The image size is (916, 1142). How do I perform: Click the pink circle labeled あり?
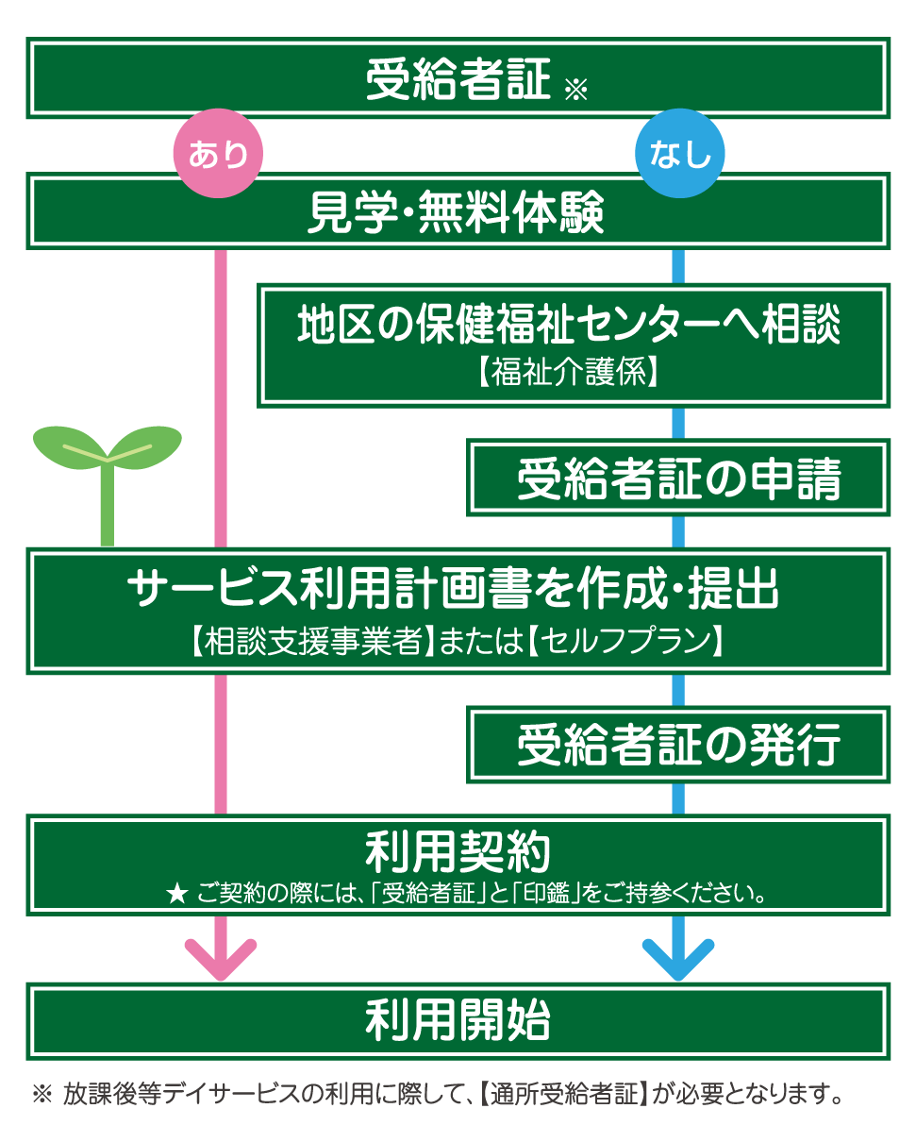tap(218, 153)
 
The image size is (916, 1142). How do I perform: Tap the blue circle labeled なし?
tap(679, 153)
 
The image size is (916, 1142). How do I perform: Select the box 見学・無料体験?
tap(458, 211)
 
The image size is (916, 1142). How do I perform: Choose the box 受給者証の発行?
tap(678, 746)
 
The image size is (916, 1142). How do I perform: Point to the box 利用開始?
tap(458, 1020)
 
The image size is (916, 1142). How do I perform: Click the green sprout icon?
tap(108, 472)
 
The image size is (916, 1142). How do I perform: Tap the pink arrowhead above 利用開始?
tap(221, 958)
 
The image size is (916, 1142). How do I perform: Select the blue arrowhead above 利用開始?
tap(678, 958)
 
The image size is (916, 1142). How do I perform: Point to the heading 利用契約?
tap(458, 852)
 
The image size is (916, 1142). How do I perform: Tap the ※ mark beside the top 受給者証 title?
tap(575, 91)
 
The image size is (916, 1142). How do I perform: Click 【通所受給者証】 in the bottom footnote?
tap(560, 1095)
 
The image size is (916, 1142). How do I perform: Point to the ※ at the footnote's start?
tap(42, 1095)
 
